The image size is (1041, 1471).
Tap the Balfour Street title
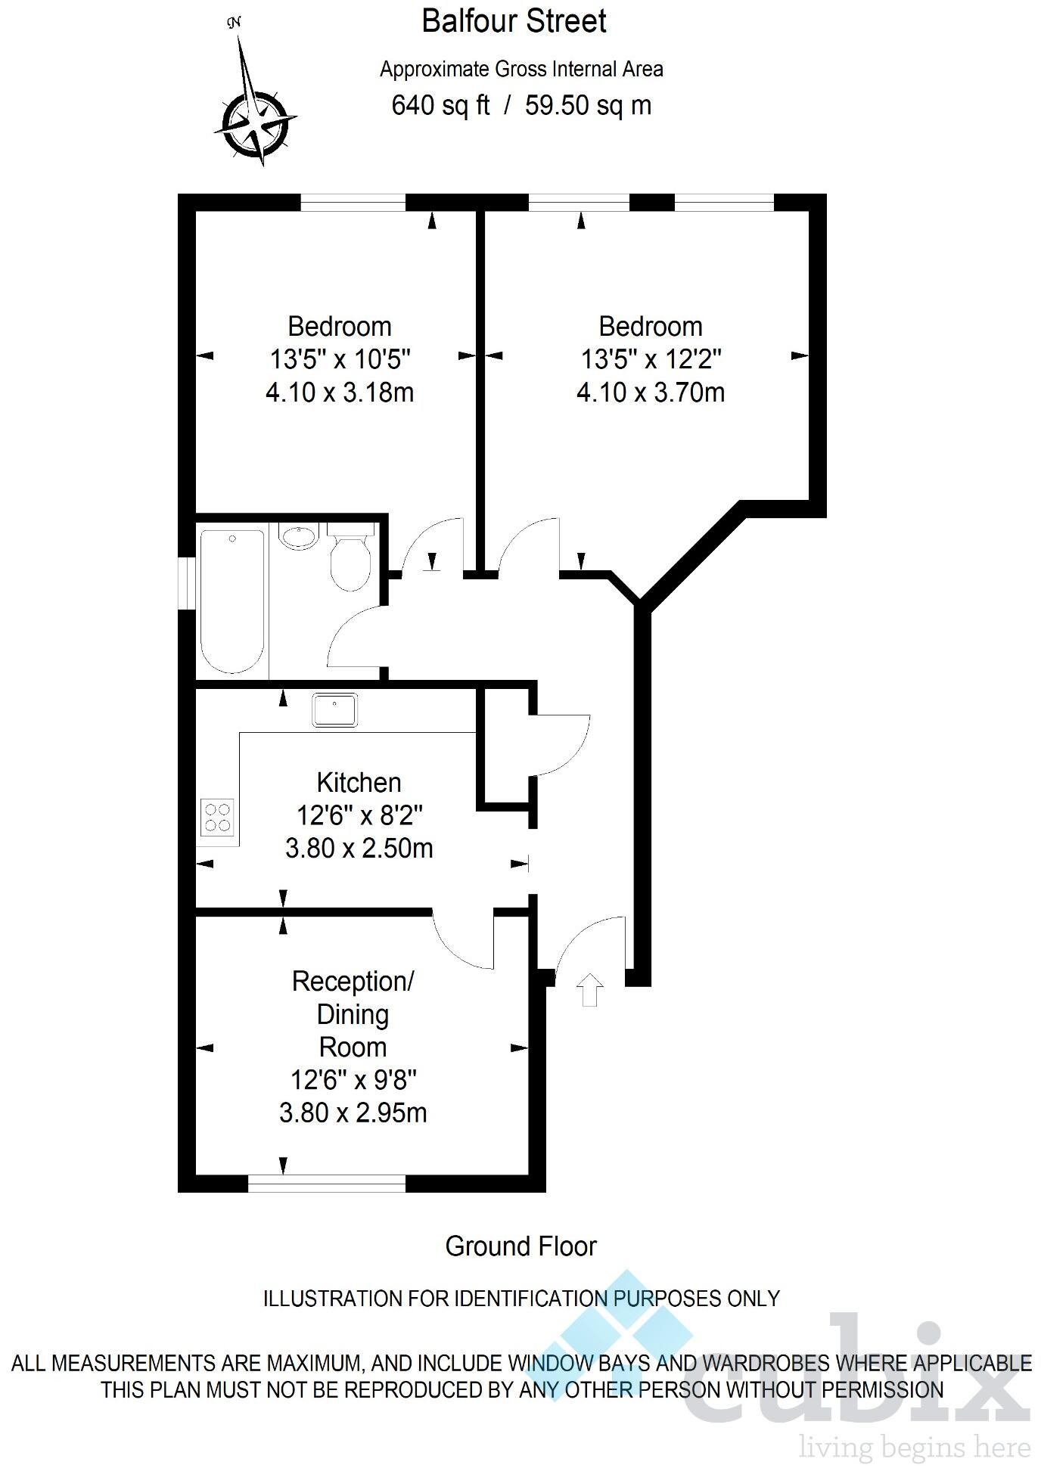514,21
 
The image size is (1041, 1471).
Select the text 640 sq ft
440,105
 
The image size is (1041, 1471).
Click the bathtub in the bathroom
232,601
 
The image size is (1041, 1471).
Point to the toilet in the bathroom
350,560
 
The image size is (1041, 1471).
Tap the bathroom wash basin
299,536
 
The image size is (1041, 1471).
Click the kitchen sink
334,710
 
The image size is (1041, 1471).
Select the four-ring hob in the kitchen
218,817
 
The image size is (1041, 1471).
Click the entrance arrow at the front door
590,990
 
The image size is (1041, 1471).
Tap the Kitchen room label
359,782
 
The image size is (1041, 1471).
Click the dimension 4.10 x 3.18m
340,393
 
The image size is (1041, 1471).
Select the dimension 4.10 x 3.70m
651,393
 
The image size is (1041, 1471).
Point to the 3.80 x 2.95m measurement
353,1113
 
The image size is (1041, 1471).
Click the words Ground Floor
520,1246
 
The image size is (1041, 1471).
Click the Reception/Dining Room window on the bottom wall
327,1183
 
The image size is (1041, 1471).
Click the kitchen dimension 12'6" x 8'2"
359,815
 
